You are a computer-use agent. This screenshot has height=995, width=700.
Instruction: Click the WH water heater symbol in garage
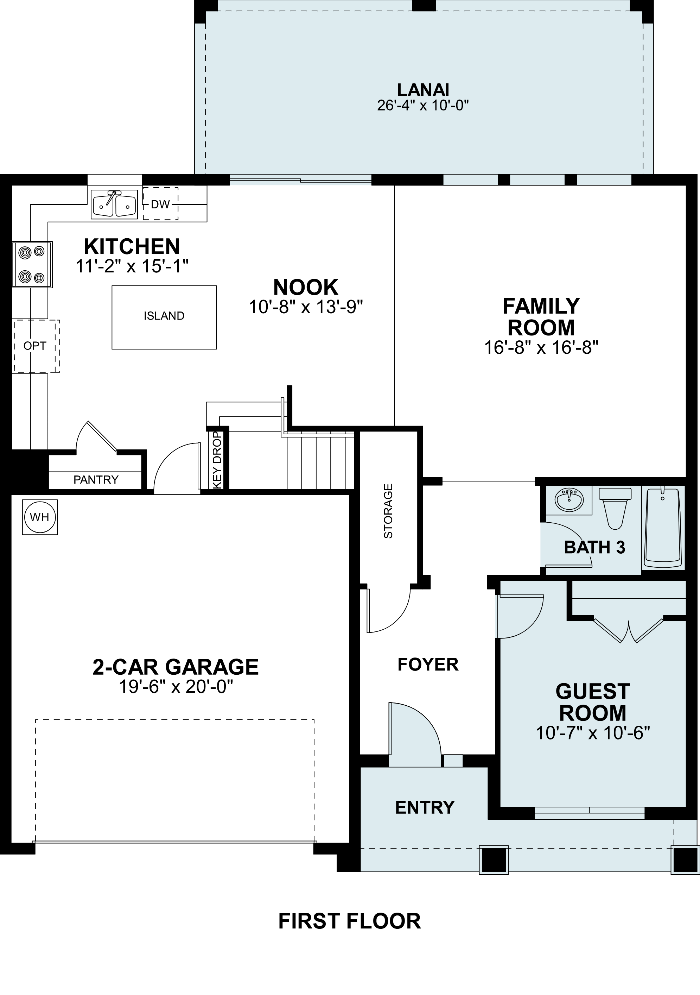39,517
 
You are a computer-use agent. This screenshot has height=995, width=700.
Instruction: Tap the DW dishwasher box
160,204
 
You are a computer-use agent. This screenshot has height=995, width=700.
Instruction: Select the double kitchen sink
114,204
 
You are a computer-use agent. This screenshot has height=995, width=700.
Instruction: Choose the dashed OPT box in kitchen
35,346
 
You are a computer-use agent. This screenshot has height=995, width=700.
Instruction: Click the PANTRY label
96,480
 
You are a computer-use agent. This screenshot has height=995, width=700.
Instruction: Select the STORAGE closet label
388,511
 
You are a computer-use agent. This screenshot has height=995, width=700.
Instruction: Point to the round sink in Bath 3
569,500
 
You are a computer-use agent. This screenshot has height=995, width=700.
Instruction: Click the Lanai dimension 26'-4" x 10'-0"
423,106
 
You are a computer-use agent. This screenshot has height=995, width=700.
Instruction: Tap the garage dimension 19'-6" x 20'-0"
176,687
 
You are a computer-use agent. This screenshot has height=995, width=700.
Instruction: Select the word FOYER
427,665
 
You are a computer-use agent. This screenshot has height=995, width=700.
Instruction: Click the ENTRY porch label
425,807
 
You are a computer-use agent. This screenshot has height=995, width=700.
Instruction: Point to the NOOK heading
305,287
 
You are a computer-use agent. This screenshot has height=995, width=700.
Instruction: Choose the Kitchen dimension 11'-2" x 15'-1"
132,266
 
